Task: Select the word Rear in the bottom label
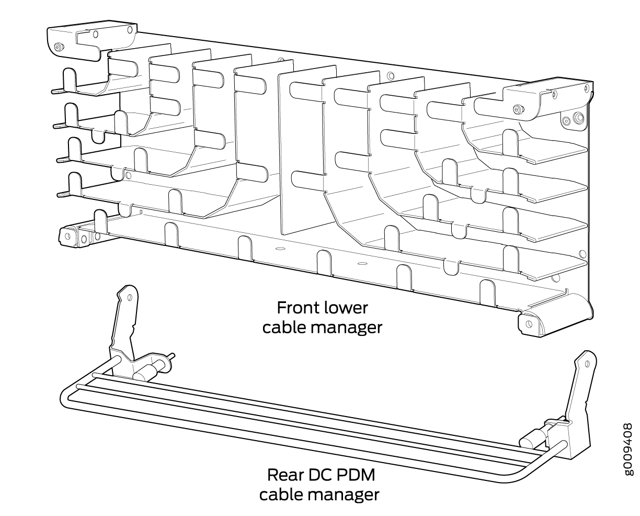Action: pyautogui.click(x=285, y=475)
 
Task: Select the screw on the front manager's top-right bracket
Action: pyautogui.click(x=518, y=109)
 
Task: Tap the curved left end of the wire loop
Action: pyautogui.click(x=67, y=397)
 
